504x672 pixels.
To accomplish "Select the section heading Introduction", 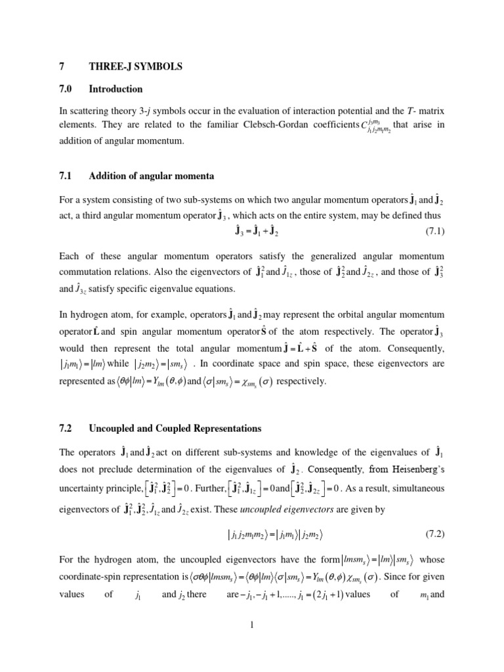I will point(115,89).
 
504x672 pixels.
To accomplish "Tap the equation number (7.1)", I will point(430,232).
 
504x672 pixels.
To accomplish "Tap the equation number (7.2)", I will point(430,553).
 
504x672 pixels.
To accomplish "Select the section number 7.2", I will point(66,429).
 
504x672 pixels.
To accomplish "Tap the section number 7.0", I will point(66,89).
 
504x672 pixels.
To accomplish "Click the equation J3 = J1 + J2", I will point(252,232).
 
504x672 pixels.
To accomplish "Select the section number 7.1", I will point(66,176).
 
